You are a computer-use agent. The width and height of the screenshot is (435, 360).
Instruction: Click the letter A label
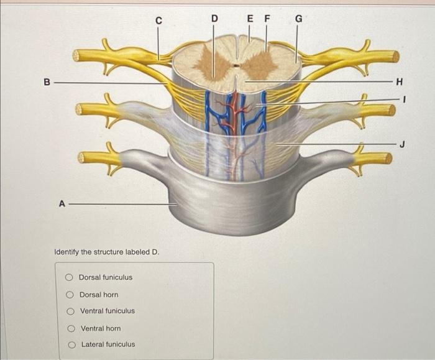(x=61, y=203)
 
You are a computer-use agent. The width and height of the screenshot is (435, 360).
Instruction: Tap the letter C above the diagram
(x=158, y=21)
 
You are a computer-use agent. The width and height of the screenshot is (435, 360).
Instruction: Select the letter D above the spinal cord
(x=214, y=18)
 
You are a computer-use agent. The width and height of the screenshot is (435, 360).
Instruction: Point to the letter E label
(x=250, y=18)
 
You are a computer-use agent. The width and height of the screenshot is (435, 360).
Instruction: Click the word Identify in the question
(x=66, y=252)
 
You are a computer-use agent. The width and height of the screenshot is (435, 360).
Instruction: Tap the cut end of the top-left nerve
(x=76, y=56)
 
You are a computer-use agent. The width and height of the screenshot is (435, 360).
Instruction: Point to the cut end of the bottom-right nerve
(x=388, y=159)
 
